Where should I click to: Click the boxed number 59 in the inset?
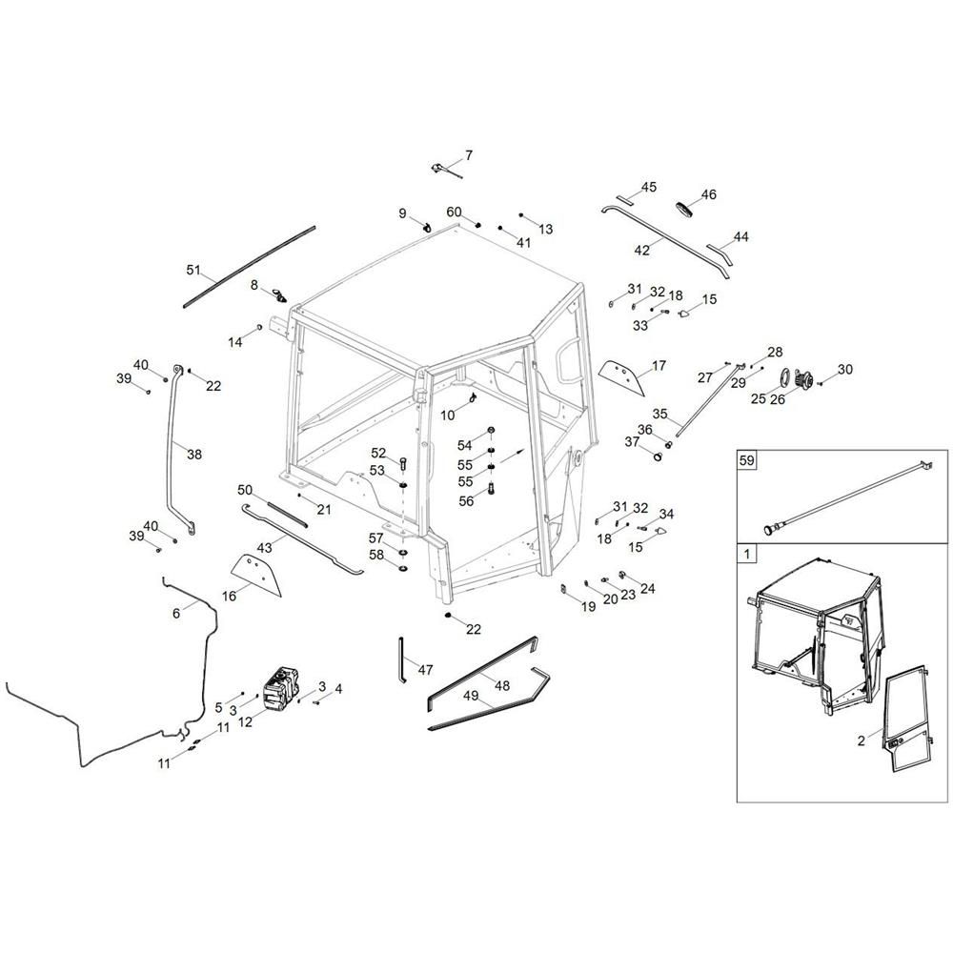(746, 460)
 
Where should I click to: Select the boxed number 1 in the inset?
(746, 554)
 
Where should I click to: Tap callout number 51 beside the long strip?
(193, 270)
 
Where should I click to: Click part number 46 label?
(709, 194)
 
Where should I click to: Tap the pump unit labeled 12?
(281, 687)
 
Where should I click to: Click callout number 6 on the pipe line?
(176, 613)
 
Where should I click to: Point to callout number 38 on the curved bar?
(194, 454)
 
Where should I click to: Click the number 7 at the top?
(469, 155)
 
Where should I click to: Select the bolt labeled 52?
(403, 463)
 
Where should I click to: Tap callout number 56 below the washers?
(466, 501)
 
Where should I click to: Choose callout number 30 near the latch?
(844, 369)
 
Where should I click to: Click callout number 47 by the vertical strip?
(425, 670)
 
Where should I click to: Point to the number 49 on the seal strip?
(471, 696)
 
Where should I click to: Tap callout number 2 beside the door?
(862, 740)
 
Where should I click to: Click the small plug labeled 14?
(259, 328)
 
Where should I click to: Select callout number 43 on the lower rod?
(264, 548)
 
